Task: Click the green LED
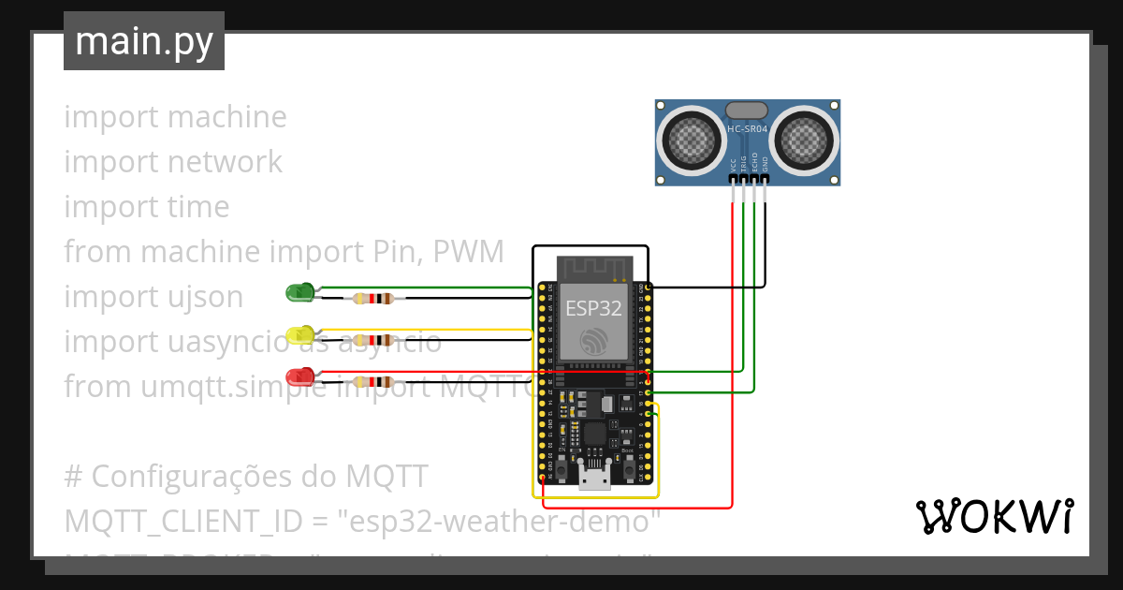coord(299,293)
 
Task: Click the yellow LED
coord(299,334)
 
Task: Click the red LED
coord(299,376)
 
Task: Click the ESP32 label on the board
coord(593,309)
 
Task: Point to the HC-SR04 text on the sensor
coord(747,129)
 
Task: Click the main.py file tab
coord(144,41)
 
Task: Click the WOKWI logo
coord(994,517)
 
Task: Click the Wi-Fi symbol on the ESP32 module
coord(593,342)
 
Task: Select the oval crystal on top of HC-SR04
coord(747,111)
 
